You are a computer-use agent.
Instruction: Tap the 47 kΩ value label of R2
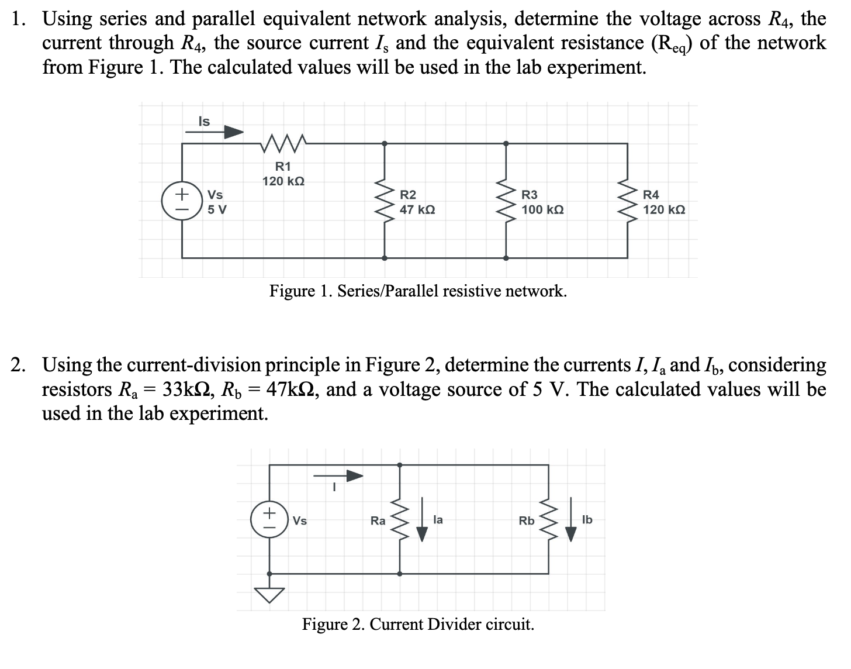417,209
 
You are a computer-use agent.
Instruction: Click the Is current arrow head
235,132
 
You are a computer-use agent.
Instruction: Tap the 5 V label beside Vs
217,209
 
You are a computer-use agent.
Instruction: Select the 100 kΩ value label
542,209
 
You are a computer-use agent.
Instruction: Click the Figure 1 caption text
417,291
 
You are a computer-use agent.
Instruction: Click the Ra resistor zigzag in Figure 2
400,520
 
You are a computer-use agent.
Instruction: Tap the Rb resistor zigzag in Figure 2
548,520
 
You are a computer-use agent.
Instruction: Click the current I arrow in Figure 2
339,476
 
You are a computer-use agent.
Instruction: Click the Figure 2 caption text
417,624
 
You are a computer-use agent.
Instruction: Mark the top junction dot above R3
506,143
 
